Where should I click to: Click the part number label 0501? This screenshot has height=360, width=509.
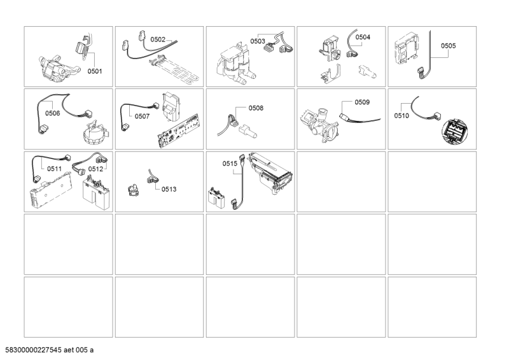(x=94, y=71)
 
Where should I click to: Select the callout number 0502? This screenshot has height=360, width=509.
(x=157, y=39)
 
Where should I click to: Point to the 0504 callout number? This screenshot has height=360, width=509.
(x=362, y=38)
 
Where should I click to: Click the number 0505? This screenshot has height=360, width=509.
(x=448, y=46)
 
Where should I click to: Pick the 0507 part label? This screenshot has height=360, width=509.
(x=143, y=116)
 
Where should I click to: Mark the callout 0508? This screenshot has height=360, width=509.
(x=256, y=108)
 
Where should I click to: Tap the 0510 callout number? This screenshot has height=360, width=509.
(x=402, y=116)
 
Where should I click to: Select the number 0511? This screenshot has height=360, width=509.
(x=55, y=169)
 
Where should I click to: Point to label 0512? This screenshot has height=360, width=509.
(x=96, y=169)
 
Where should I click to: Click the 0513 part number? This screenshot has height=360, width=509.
(x=169, y=189)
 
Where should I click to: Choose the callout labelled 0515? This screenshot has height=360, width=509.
(x=230, y=163)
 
